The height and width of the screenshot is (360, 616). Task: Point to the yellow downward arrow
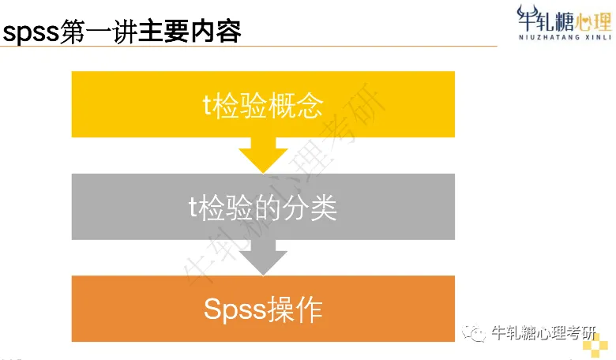[263, 155]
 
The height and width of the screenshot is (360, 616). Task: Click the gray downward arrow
[263, 257]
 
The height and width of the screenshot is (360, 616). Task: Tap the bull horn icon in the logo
[528, 15]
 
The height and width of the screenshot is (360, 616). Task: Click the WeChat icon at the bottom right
[474, 334]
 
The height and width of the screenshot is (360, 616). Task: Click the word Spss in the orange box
[232, 309]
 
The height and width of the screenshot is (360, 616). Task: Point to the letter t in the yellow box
[206, 105]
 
